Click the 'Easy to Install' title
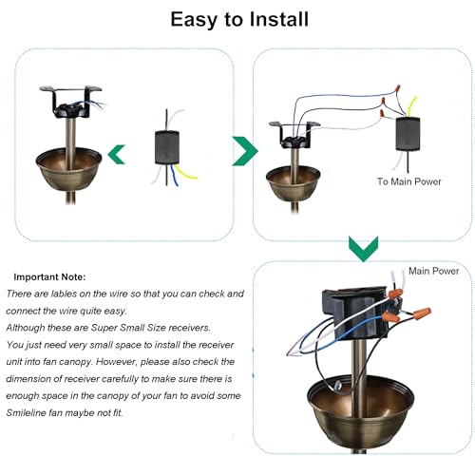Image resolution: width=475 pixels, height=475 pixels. [239, 20]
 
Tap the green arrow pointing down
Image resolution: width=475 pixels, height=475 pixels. [363, 249]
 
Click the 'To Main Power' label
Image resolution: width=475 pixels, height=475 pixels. [408, 181]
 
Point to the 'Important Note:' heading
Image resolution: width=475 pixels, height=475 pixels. [49, 277]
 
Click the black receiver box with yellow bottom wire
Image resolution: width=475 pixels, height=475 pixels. [167, 147]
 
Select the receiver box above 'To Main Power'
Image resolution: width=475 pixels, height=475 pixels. [408, 134]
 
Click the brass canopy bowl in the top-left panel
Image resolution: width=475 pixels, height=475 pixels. [68, 169]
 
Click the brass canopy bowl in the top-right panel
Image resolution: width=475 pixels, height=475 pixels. [294, 183]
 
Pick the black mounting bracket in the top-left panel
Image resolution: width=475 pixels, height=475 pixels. [71, 102]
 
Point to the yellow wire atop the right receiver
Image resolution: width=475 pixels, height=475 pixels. [413, 106]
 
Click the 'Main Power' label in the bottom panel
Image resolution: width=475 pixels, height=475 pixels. [433, 271]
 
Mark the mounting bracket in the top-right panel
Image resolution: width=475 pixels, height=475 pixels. [294, 135]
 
